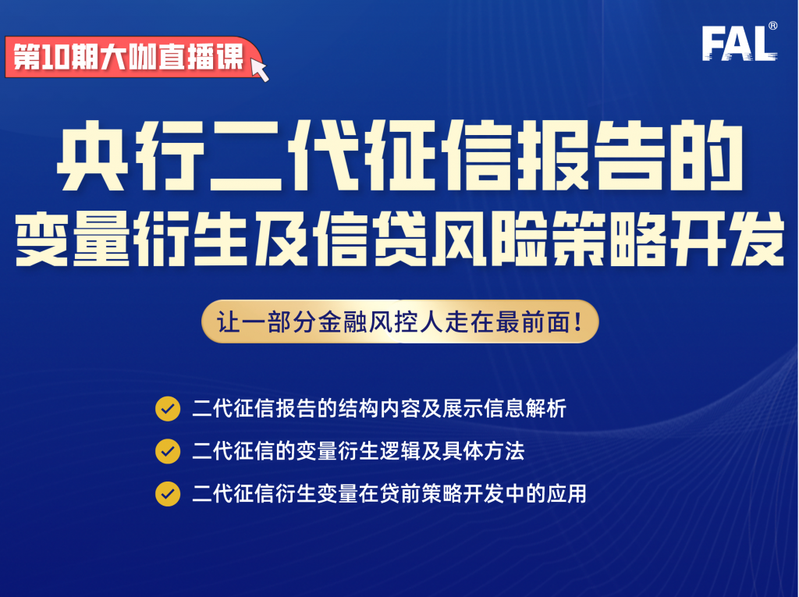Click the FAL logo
click(x=738, y=44)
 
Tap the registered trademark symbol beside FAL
click(x=772, y=26)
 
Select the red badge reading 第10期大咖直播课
click(x=129, y=58)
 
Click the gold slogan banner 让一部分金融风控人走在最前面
click(x=399, y=321)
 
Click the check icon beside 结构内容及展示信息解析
click(x=168, y=408)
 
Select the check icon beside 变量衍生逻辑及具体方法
click(x=168, y=450)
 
